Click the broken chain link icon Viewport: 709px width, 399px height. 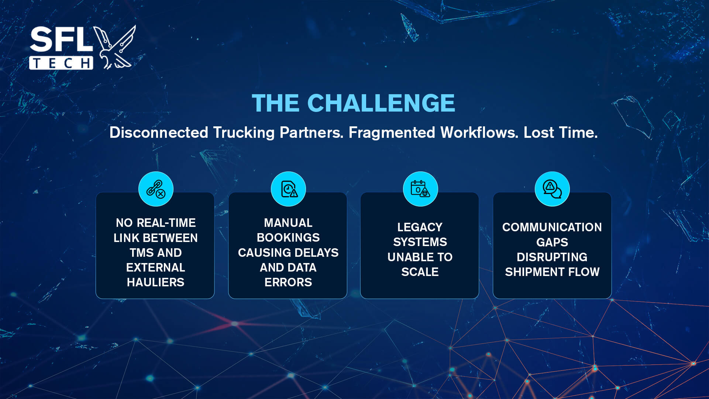(x=156, y=189)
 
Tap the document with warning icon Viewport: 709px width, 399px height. (x=289, y=189)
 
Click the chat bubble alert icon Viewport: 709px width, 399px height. (x=552, y=189)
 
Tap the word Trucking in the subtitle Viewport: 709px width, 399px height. (x=244, y=133)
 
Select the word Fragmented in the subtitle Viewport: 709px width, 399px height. (x=392, y=133)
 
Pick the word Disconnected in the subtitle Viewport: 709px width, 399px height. (x=159, y=132)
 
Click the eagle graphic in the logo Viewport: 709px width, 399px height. (x=115, y=47)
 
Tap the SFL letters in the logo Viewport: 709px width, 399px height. (x=61, y=39)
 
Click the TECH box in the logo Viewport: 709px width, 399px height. (x=61, y=63)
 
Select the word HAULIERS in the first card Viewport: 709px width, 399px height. (x=156, y=282)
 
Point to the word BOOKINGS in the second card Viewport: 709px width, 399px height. (x=288, y=238)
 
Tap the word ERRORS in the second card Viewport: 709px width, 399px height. (x=288, y=282)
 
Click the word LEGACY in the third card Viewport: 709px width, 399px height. (x=420, y=227)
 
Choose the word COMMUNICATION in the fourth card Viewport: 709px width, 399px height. (x=552, y=227)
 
